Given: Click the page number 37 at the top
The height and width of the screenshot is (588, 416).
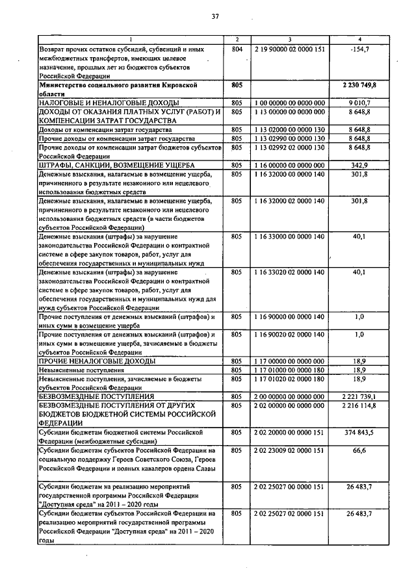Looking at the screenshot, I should click(x=215, y=17).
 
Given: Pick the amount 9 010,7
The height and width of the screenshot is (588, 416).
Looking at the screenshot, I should click(x=359, y=103).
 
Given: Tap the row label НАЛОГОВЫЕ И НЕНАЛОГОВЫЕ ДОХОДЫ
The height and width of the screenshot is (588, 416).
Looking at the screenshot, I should click(x=100, y=103).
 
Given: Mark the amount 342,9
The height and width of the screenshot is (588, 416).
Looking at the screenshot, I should click(x=359, y=166).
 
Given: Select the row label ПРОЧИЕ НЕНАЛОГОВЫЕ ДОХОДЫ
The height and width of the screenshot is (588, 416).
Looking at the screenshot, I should click(x=97, y=361).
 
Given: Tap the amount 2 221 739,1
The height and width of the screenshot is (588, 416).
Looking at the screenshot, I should click(x=359, y=396).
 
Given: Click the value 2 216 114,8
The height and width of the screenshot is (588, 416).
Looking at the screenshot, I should click(x=359, y=405).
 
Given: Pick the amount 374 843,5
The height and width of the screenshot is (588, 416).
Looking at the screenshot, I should click(x=359, y=432).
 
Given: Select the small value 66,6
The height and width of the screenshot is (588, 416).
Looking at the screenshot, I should click(x=359, y=450).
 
